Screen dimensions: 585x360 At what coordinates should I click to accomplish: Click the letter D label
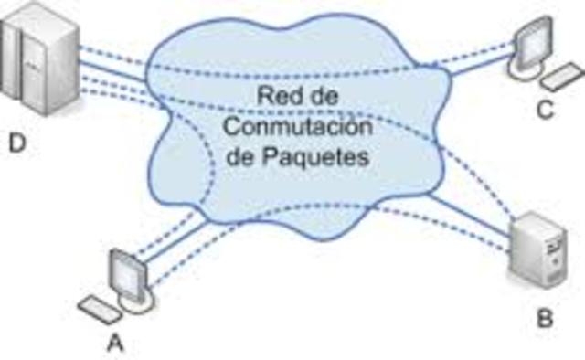pyautogui.click(x=16, y=143)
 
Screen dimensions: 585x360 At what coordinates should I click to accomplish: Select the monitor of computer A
pyautogui.click(x=124, y=274)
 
